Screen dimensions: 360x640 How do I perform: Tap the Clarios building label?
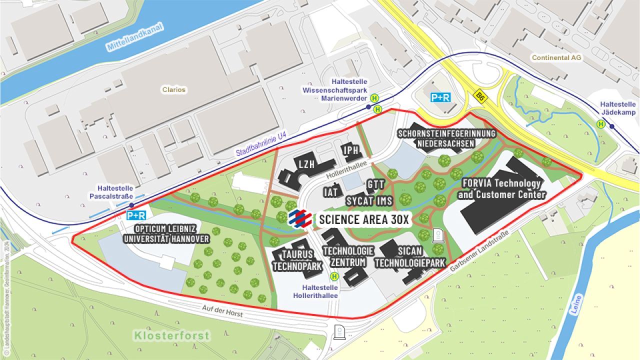[x=173, y=90]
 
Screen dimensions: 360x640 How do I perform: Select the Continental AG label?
[x=556, y=58]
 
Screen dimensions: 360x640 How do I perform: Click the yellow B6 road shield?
[x=480, y=94]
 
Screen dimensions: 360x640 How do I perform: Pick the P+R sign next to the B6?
[x=440, y=98]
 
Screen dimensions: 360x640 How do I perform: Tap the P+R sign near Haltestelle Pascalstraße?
[x=136, y=215]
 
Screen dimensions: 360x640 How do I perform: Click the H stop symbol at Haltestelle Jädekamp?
[x=600, y=124]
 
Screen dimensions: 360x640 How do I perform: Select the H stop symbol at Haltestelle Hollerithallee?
[x=333, y=275]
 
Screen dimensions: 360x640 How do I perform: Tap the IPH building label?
[x=350, y=150]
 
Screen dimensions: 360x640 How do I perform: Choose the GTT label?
[x=375, y=184]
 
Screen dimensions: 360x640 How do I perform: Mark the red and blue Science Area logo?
[x=300, y=219]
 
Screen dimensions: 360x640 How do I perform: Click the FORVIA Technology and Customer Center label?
[x=501, y=188]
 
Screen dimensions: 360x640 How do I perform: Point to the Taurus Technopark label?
[x=297, y=260]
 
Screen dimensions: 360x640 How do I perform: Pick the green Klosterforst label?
[x=171, y=335]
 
